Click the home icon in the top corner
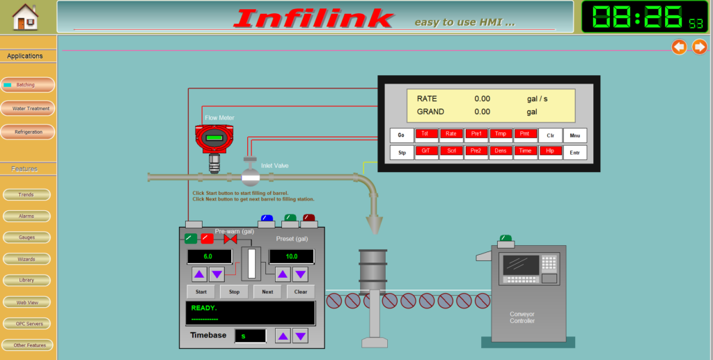pos(26,17)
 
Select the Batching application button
pos(28,85)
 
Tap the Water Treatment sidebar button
pos(28,109)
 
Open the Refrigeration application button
pos(28,132)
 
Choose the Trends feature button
pos(26,195)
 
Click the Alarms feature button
pos(26,217)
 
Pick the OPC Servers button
pos(26,324)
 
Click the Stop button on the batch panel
pos(234,292)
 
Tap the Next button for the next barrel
pos(267,292)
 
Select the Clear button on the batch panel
pos(301,292)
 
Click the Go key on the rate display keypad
pos(401,135)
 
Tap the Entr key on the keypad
pos(574,152)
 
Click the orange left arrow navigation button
pos(679,47)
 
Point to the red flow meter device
pos(214,139)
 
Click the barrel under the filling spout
pos(373,267)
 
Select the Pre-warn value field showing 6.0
pos(208,257)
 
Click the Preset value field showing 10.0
pos(291,257)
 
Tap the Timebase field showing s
pos(250,336)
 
